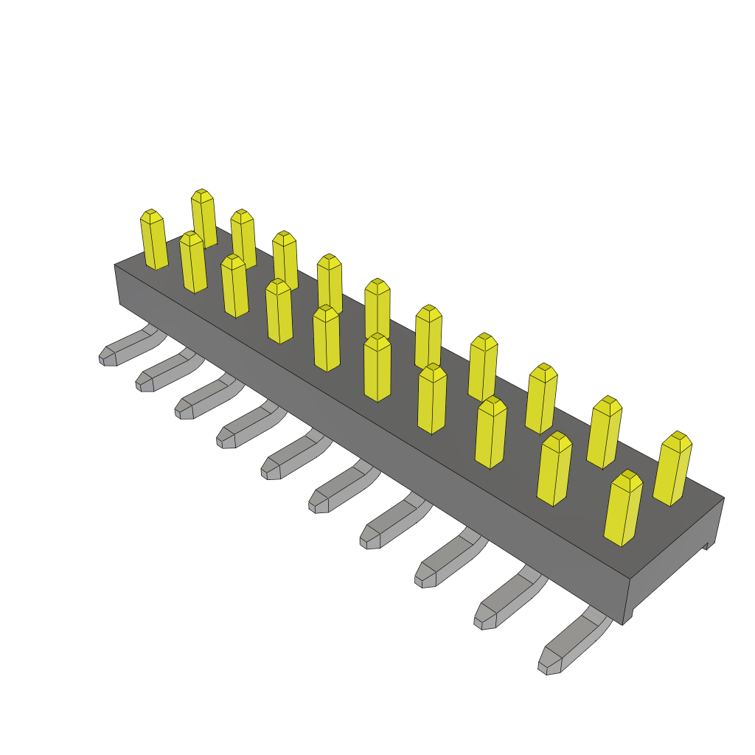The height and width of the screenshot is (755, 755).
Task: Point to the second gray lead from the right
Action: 509,599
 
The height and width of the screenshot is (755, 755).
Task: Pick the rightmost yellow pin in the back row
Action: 672,469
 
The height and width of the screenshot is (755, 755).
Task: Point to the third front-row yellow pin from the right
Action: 490,433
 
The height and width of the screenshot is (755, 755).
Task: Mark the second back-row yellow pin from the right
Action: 604,432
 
